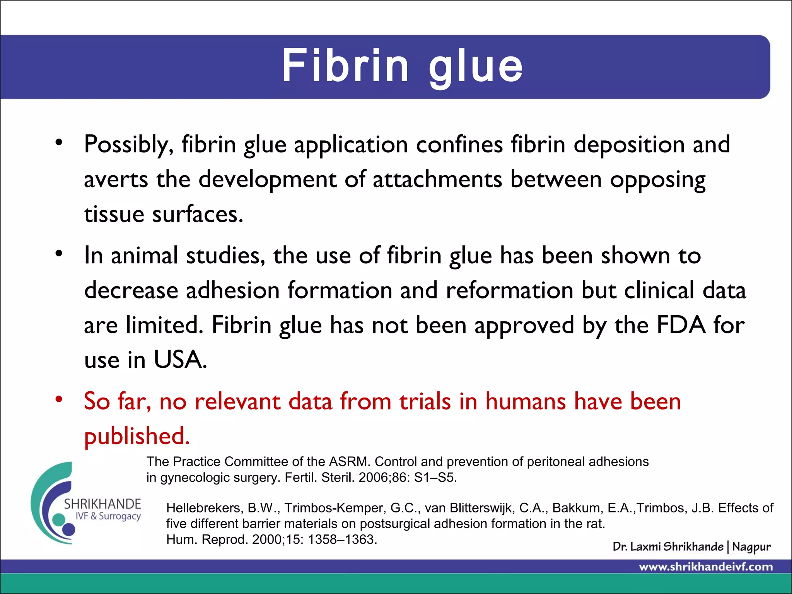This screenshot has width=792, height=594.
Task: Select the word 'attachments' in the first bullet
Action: [x=437, y=180]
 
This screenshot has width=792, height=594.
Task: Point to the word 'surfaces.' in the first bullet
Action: [x=198, y=215]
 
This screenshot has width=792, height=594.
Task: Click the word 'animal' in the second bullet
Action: [x=144, y=256]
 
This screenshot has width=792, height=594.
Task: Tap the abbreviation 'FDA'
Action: [x=681, y=325]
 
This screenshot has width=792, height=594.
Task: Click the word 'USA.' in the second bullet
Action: [x=180, y=360]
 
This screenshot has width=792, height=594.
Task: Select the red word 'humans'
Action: [x=526, y=401]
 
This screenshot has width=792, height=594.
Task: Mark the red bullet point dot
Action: [x=59, y=399]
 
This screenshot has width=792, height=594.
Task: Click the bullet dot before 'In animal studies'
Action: [x=59, y=254]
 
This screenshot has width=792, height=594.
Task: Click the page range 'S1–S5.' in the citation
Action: [x=435, y=478]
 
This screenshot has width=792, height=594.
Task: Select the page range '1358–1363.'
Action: [x=342, y=539]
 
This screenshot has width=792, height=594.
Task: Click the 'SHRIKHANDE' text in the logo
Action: [x=102, y=504]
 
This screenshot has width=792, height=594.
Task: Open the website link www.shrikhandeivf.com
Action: [x=706, y=567]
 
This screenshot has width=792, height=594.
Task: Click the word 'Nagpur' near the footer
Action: [x=751, y=547]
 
